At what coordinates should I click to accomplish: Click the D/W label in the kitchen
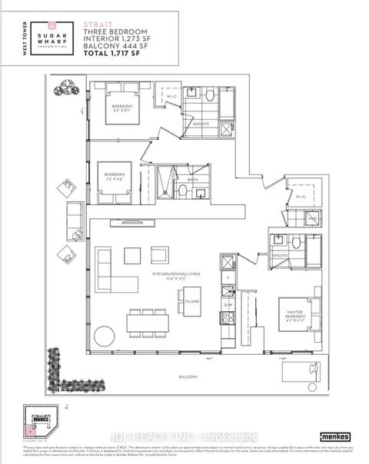(x=228, y=305)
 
